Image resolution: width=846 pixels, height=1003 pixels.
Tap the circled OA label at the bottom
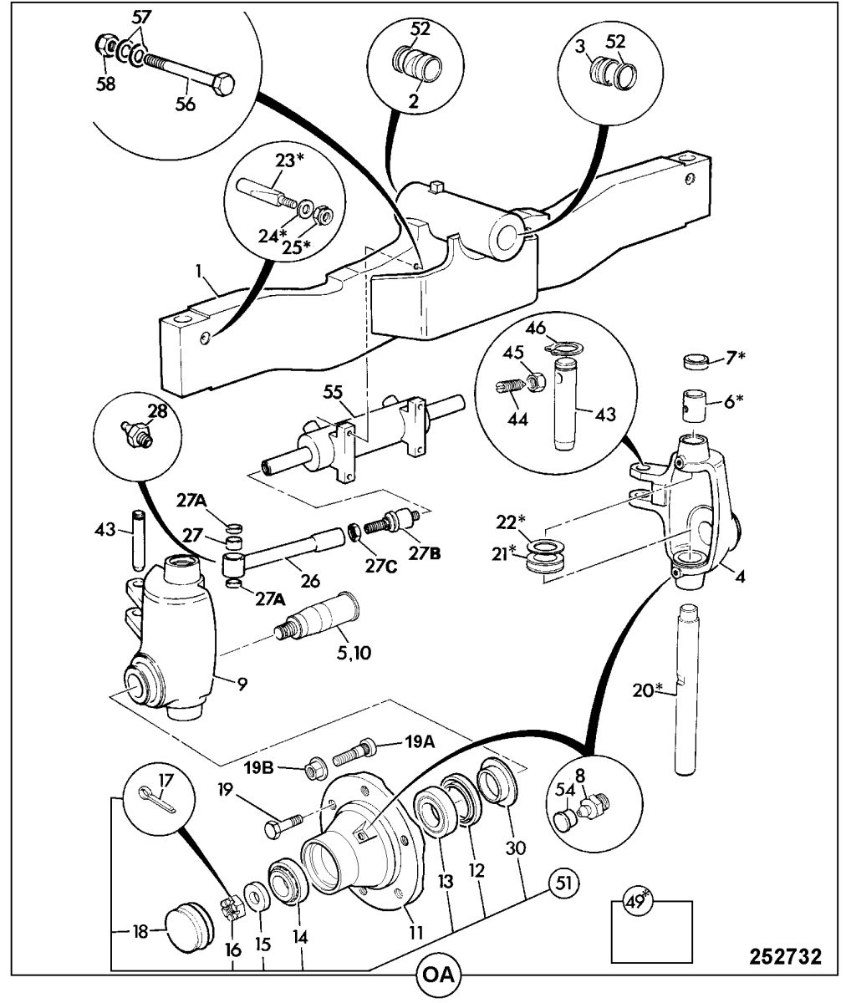click(x=438, y=975)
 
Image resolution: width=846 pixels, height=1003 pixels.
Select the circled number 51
click(x=564, y=883)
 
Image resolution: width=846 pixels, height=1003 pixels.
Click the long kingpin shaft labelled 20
click(x=691, y=685)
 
